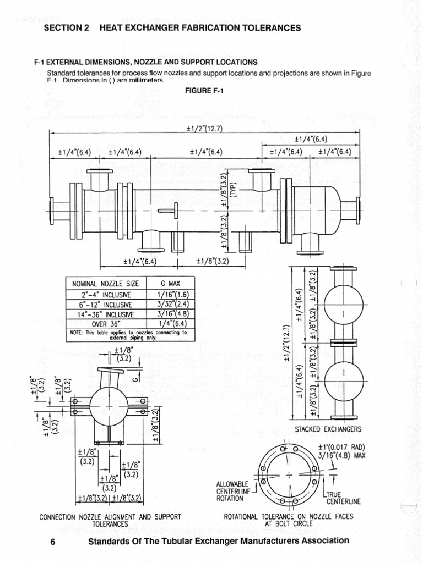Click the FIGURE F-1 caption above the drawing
click(204, 90)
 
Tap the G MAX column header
click(171, 284)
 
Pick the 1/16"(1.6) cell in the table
click(171, 295)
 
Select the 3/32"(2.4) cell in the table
click(171, 305)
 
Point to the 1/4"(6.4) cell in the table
click(171, 324)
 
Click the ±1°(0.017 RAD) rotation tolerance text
click(341, 446)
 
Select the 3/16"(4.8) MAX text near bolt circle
click(341, 455)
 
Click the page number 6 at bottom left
click(53, 542)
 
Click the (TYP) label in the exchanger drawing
click(232, 189)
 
